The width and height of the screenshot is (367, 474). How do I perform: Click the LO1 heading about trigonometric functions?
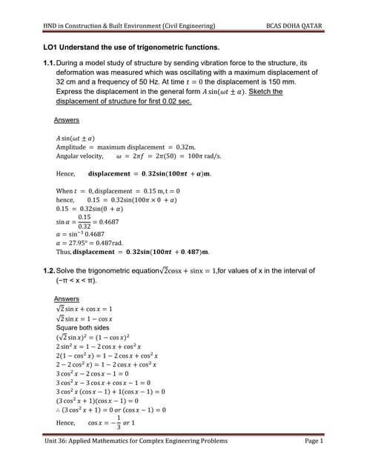click(131, 47)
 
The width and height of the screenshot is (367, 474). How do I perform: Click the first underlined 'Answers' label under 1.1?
click(67, 120)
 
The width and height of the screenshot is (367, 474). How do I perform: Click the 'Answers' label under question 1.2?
click(67, 298)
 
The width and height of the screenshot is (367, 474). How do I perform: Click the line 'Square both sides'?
click(82, 327)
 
